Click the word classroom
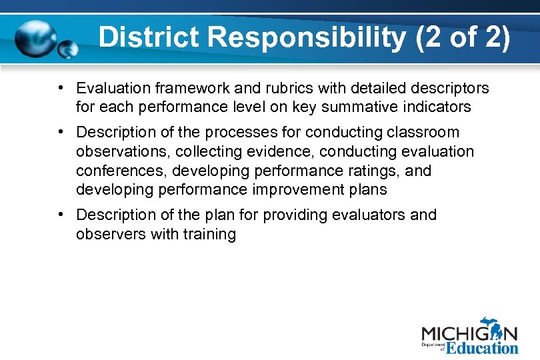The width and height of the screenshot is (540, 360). (x=426, y=133)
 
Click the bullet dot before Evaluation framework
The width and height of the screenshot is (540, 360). (x=60, y=87)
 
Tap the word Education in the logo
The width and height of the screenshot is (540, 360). (x=482, y=347)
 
